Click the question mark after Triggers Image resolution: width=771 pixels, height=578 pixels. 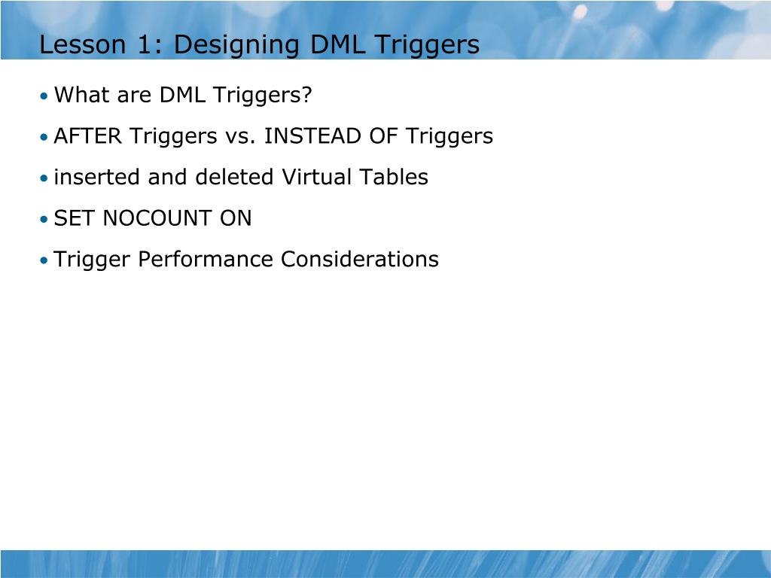(x=306, y=96)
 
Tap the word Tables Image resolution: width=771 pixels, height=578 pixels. (x=393, y=178)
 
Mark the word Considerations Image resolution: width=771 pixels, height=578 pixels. (x=359, y=260)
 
